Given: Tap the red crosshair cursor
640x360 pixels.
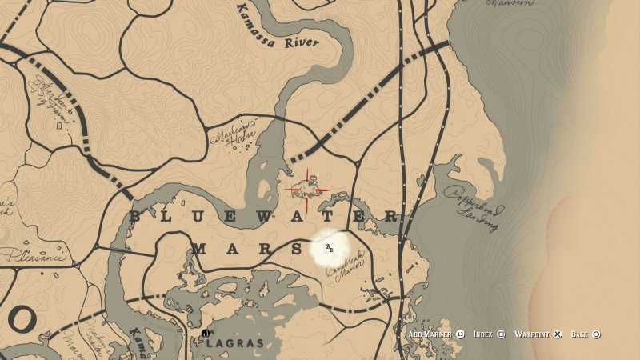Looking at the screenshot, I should pyautogui.click(x=309, y=190).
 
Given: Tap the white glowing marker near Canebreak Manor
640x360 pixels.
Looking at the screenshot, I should pyautogui.click(x=329, y=247).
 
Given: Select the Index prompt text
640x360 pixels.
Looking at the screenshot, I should pyautogui.click(x=482, y=334).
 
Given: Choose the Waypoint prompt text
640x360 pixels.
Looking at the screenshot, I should pyautogui.click(x=532, y=334).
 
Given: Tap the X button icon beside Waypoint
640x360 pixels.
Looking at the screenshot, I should pyautogui.click(x=558, y=334).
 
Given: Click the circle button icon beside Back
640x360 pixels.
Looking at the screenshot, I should pyautogui.click(x=597, y=334).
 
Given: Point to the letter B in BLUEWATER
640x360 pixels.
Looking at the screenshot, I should pyautogui.click(x=135, y=217).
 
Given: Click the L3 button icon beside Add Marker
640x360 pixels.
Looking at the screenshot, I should pyautogui.click(x=460, y=334).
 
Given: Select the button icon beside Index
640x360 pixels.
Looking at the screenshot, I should pyautogui.click(x=501, y=334).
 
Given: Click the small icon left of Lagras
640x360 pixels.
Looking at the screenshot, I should pyautogui.click(x=206, y=334).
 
